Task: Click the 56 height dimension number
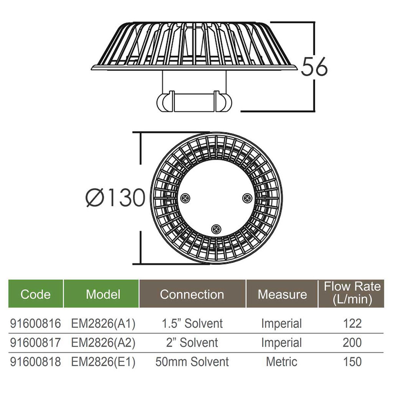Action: coord(314,67)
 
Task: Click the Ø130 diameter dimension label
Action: coord(115,198)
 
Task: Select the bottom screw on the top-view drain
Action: coord(216,229)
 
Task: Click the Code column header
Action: coord(35,294)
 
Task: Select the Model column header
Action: coord(103,294)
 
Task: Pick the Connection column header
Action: coord(192,294)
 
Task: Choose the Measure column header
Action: coord(282,294)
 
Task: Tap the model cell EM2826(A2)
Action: coord(103,343)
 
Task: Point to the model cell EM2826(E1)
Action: coord(103,362)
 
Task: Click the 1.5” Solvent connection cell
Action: coord(192,324)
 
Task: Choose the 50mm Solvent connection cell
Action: coord(192,362)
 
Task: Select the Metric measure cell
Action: coord(281,362)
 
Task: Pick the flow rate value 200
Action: coord(352,343)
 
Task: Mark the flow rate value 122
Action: coord(352,324)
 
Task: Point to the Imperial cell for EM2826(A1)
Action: coord(281,324)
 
